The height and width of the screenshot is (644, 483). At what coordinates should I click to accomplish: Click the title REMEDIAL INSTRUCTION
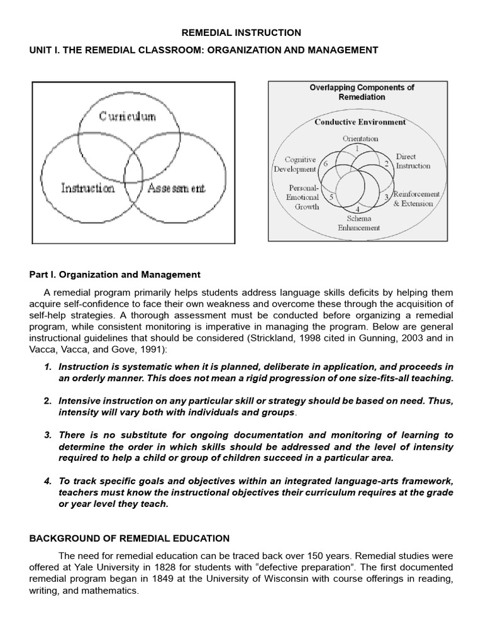[x=242, y=33]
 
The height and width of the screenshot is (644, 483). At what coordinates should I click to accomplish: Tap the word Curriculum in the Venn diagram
[x=128, y=116]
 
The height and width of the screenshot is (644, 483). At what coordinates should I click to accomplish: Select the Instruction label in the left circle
[x=87, y=187]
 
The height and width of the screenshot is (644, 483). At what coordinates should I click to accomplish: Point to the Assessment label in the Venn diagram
[x=176, y=187]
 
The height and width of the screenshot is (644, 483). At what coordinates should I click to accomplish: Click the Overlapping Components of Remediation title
[x=362, y=92]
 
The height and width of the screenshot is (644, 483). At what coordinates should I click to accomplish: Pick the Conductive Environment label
[x=360, y=122]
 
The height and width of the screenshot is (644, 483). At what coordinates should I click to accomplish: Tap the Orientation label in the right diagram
[x=360, y=138]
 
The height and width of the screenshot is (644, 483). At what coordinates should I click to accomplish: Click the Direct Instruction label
[x=413, y=161]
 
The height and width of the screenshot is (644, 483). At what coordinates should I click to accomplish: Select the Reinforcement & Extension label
[x=416, y=199]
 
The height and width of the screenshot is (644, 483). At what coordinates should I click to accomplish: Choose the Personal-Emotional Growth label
[x=304, y=197]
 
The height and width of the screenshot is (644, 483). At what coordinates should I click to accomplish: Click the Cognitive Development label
[x=295, y=165]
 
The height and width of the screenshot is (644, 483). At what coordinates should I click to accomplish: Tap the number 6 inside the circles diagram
[x=326, y=164]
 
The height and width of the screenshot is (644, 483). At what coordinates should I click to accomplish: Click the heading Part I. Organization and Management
[x=115, y=275]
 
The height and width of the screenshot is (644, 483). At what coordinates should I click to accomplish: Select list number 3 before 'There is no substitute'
[x=47, y=435]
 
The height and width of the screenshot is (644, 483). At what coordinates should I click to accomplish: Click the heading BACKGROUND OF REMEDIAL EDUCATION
[x=130, y=538]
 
